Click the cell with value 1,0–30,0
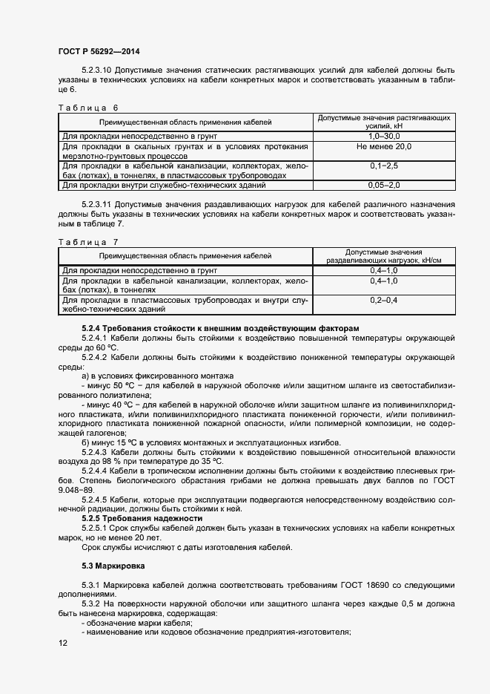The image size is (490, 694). pos(383,137)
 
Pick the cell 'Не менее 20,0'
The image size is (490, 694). pos(383,147)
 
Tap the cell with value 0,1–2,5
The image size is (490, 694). pos(383,166)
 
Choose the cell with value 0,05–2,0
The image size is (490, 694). pos(383,185)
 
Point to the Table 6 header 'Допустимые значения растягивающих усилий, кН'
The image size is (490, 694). pos(383,122)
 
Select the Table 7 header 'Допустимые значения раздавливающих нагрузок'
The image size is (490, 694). pos(383,256)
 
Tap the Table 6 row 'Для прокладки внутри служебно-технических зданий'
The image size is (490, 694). pos(164,185)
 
